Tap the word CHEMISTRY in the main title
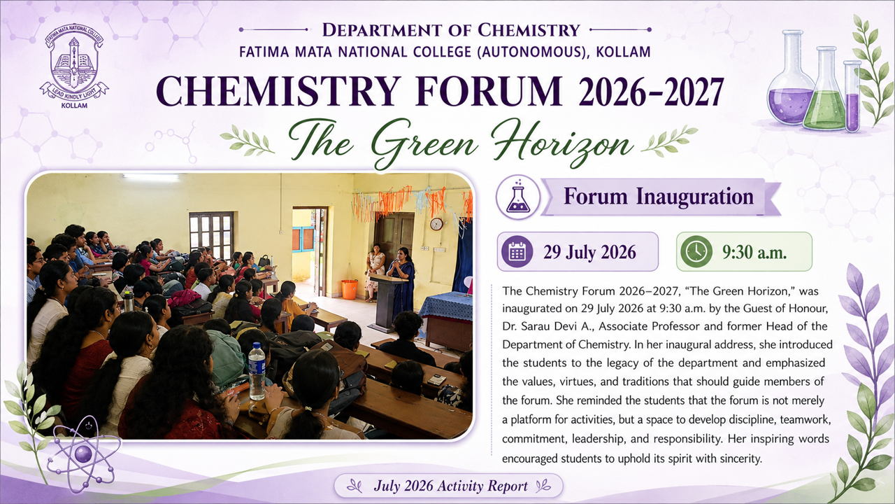tap(278, 91)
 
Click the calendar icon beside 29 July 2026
tap(517, 251)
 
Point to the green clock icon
tap(696, 251)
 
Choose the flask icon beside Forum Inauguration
tap(518, 197)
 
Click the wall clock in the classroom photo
tap(436, 224)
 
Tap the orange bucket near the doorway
tap(349, 289)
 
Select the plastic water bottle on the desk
tap(257, 371)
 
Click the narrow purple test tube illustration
tap(852, 96)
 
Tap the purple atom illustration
tap(84, 454)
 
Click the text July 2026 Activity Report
tap(451, 486)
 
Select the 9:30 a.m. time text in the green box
tap(754, 252)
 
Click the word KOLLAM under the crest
tap(74, 106)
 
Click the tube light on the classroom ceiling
tap(150, 176)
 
